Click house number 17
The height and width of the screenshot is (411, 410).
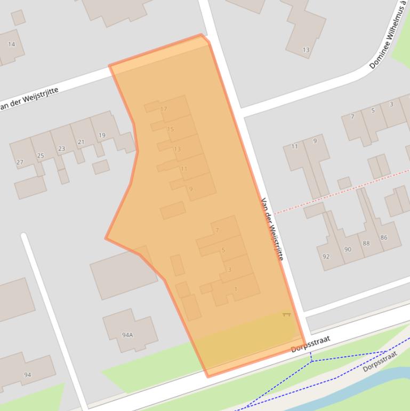pos(164,109)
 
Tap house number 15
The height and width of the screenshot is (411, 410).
pos(170,129)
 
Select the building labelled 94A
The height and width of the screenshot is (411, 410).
pos(127,335)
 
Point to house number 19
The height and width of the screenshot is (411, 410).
pos(101,136)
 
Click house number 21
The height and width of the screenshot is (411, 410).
pos(81,142)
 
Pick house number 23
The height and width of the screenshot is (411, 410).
pos(61,149)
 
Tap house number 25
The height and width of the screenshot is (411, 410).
pos(41,156)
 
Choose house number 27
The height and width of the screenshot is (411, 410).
pos(20,162)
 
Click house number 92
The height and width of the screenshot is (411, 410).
pos(326,257)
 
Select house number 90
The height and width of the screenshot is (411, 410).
pos(348,250)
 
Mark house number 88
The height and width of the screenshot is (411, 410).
pos(366,243)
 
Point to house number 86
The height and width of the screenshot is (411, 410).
pos(383,238)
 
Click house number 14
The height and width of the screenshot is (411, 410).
pos(11,44)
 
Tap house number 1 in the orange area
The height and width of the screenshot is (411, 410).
pos(236,289)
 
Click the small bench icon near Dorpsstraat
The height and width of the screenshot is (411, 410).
pos(286,314)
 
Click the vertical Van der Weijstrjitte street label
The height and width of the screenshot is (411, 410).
pos(271,229)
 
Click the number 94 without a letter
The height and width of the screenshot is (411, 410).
pos(27,375)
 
